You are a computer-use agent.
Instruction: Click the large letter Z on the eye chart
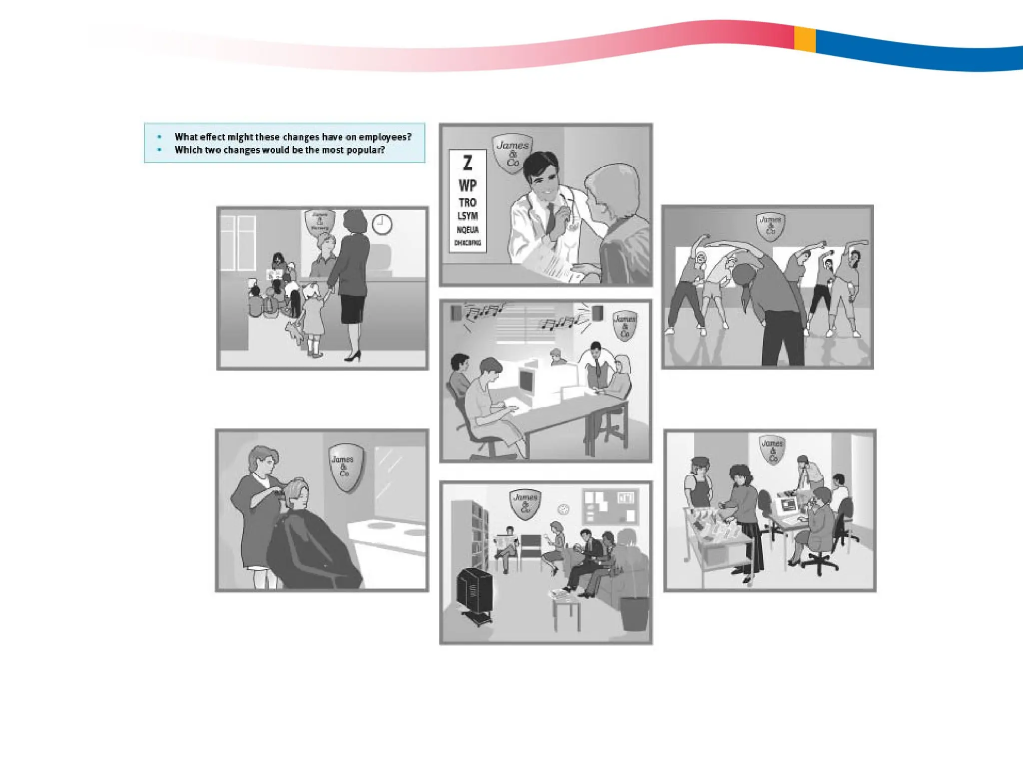468,163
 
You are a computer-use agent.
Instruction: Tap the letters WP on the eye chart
468,186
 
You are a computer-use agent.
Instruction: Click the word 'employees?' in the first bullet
385,137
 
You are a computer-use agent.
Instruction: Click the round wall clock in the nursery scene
382,225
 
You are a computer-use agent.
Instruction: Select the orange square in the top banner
805,39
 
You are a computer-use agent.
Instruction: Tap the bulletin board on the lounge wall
610,506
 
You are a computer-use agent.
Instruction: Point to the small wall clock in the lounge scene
563,509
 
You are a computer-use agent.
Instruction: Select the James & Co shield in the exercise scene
770,226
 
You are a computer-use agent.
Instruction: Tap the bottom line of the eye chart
468,243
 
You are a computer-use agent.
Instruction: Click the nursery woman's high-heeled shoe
353,356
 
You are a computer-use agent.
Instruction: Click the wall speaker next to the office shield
597,314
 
